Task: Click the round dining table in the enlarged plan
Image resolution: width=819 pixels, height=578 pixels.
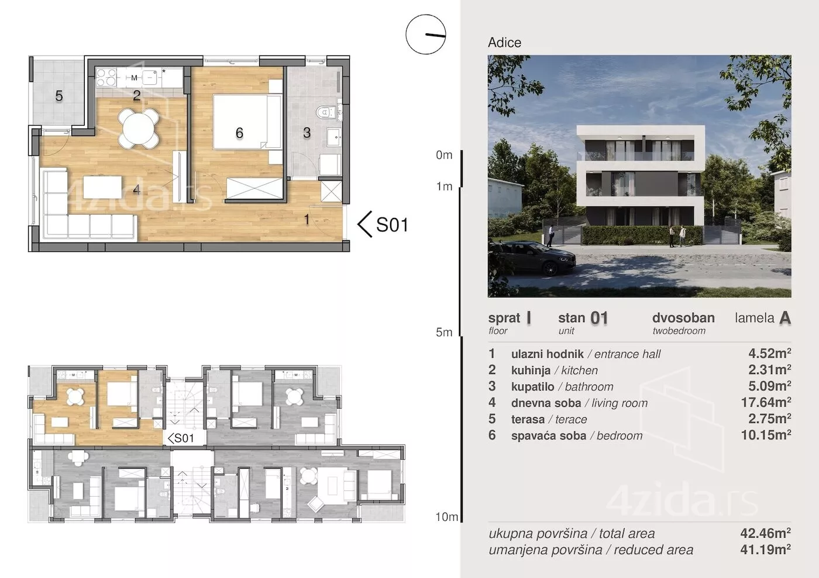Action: coord(139,129)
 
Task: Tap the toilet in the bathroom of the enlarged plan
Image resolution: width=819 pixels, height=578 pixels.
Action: coord(326,112)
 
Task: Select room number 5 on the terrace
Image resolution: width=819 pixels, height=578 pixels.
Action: coord(59,96)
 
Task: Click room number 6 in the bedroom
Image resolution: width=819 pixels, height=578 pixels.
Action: coord(239,133)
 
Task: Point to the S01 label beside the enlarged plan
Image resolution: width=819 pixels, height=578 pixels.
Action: coord(392,224)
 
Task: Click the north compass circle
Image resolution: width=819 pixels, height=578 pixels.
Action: coord(426,34)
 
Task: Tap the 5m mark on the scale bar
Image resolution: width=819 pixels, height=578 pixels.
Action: coord(444,332)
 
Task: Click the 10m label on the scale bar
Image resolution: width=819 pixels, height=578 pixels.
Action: coord(446,517)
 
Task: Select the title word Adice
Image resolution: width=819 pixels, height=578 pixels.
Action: coord(504,43)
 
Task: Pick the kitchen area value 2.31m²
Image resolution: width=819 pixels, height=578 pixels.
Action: coord(770,369)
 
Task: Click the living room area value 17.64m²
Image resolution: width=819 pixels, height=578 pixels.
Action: coord(766,402)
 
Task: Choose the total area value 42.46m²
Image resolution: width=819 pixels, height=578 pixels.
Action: coord(766,533)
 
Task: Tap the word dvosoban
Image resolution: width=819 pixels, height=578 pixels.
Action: coord(683,317)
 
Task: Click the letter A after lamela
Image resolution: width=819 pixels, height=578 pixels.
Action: coord(785,318)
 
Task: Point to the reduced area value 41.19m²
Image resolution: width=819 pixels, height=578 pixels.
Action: coord(766,549)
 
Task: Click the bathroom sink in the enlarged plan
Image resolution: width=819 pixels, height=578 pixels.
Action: coord(333,137)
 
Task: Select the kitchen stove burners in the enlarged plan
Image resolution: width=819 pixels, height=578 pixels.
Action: coord(106,78)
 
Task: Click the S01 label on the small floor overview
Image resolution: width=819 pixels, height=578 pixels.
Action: coord(181,438)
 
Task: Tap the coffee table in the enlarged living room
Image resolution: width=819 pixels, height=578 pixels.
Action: coord(103,188)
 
